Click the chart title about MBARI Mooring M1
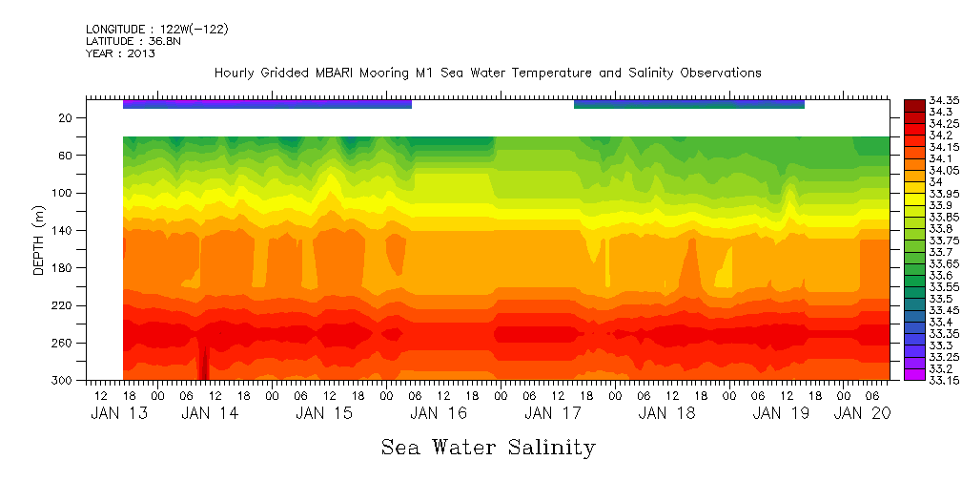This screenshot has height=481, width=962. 487,73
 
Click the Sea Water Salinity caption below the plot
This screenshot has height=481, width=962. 488,447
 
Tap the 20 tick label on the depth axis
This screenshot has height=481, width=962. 66,117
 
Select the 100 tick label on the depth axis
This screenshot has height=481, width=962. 63,193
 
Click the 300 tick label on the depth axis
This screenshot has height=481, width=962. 63,380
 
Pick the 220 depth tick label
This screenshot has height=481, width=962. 63,305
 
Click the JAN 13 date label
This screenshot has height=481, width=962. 113,413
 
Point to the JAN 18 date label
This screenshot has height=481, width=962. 665,413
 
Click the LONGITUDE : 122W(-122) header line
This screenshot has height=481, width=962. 156,29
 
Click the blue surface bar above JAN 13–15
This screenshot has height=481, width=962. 267,103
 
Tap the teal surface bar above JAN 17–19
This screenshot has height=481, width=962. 688,103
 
